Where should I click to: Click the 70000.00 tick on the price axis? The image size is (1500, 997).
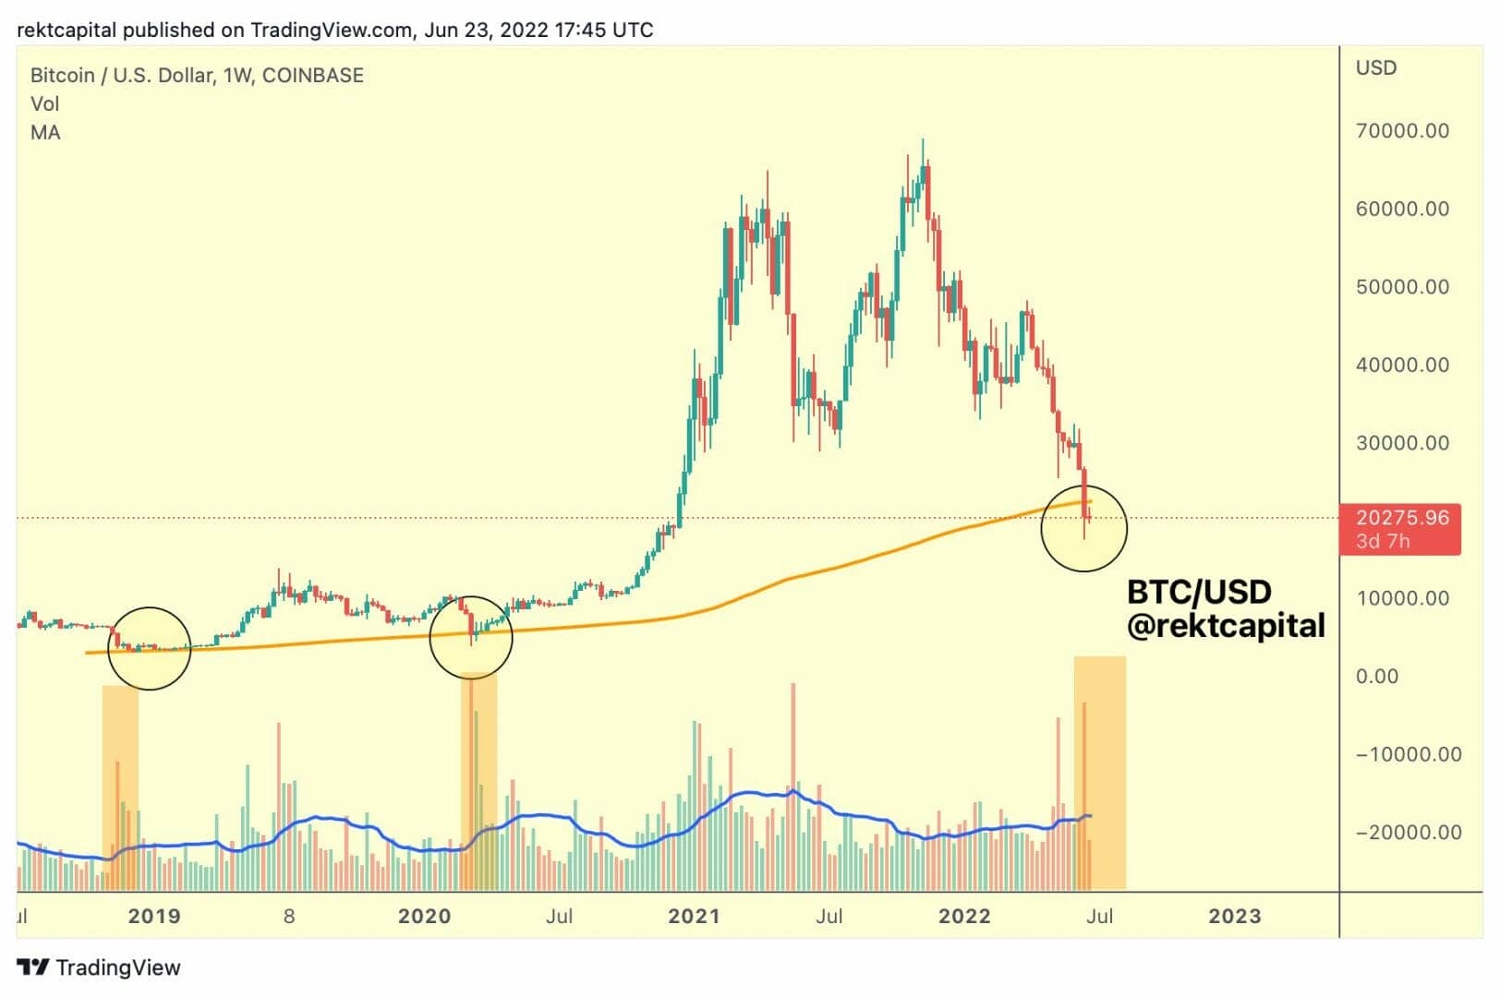pos(1402,131)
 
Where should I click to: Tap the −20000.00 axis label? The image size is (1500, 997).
pos(1409,833)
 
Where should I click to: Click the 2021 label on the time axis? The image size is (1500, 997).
pos(694,917)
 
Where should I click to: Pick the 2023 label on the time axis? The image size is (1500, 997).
pos(1235,917)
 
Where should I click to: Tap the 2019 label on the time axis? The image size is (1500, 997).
pos(154,917)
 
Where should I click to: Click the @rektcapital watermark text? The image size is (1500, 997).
pos(1226,626)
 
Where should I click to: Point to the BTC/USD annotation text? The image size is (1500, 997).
pos(1199,592)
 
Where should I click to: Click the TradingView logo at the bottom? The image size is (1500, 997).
pos(99,967)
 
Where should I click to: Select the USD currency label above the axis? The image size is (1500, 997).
pos(1376,68)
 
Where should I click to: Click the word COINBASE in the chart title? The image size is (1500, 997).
pos(313,76)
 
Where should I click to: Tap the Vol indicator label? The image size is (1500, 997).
pos(44,104)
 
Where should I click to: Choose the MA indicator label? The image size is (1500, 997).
pos(45,133)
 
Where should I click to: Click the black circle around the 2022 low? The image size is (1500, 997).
pos(1083,528)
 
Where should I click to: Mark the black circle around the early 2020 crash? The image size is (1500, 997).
pos(471,637)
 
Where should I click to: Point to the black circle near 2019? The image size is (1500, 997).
pos(149,648)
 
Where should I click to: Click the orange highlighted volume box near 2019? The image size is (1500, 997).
pos(120,787)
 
